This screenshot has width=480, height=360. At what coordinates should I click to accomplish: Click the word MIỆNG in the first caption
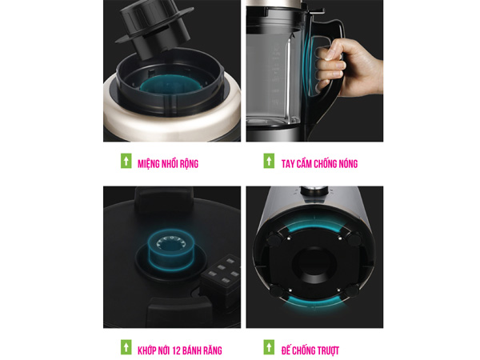148,164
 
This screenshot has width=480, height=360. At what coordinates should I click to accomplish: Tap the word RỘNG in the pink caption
189,164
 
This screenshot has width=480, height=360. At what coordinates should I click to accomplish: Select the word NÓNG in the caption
348,164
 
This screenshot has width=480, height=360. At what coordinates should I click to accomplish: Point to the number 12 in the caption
177,350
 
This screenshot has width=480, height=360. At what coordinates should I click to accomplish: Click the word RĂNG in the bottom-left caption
213,350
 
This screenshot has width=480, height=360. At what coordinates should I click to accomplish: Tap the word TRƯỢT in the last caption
327,350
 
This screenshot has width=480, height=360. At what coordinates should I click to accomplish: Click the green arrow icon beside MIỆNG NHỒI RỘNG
126,161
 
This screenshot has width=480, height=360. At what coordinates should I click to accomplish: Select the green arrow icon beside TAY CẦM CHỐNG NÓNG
269,161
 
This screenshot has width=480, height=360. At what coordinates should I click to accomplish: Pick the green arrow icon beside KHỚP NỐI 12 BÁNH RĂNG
126,347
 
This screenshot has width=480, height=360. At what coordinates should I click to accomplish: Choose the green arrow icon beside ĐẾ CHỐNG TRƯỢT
269,347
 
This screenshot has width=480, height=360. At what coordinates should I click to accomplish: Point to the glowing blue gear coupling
171,250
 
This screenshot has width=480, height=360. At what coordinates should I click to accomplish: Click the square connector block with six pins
221,273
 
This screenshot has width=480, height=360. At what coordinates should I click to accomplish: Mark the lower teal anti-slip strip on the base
314,302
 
